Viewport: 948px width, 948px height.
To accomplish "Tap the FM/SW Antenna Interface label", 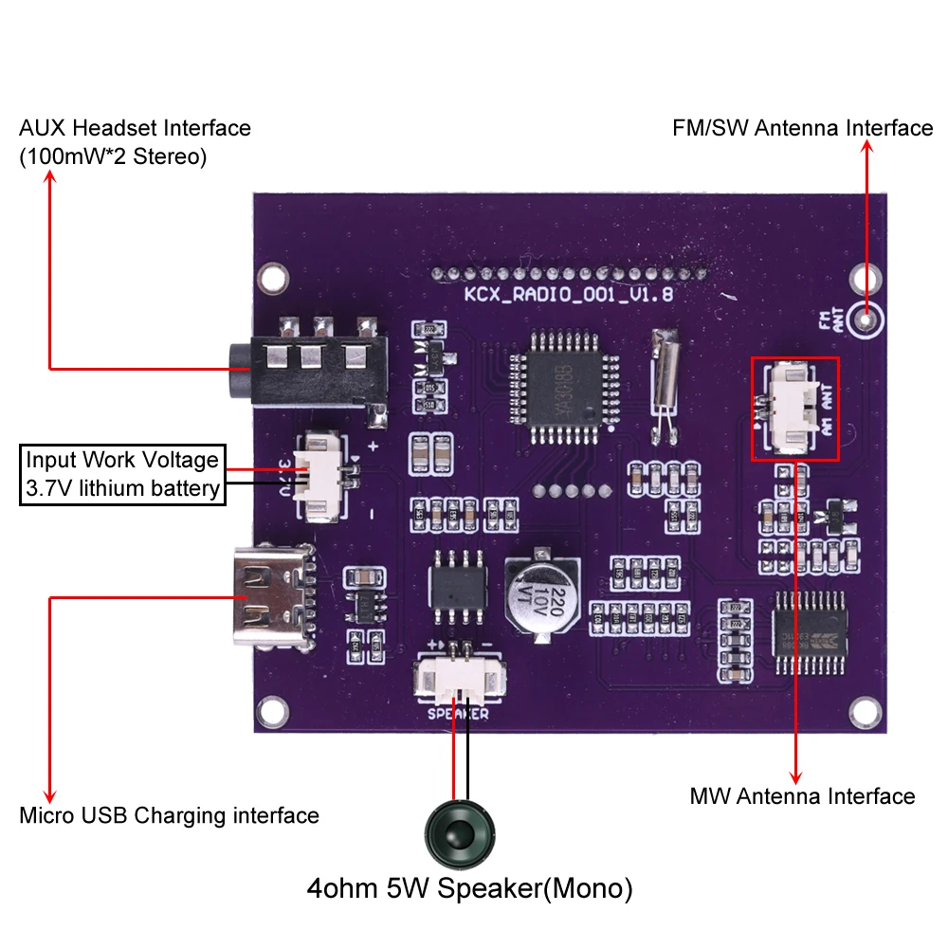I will click(x=802, y=128).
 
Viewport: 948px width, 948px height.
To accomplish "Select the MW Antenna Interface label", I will click(x=802, y=796).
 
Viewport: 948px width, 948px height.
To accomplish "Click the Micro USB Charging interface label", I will click(x=169, y=815).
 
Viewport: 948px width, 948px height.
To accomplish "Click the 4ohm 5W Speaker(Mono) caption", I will click(x=469, y=889).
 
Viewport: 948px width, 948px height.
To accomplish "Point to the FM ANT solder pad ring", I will click(x=866, y=319).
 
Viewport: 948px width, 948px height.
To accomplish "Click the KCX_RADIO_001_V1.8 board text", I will click(x=568, y=295).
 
